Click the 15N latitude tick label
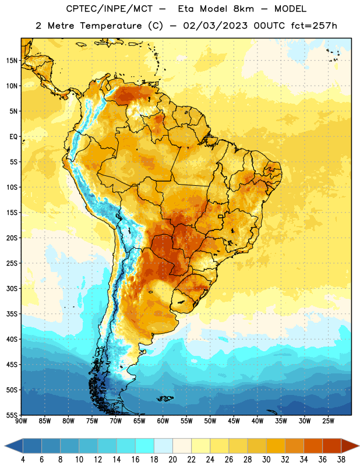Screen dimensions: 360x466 pos(12,61)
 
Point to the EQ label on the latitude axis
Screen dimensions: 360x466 pos(13,137)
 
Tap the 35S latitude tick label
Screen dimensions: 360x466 pos(12,314)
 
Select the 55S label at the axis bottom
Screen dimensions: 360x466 pos(12,415)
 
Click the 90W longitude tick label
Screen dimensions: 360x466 pos(21,421)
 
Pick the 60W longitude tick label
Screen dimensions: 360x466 pos(163,421)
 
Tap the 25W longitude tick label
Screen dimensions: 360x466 pos(328,421)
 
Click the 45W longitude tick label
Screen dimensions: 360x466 pos(234,421)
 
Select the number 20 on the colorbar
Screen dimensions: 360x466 pos(172,460)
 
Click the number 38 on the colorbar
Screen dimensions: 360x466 pos(341,460)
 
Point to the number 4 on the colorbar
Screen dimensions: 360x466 pos(23,460)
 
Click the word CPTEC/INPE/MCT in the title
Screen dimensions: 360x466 pos(109,9)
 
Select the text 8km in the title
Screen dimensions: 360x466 pos(243,9)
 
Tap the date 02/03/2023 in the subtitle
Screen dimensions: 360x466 pos(215,26)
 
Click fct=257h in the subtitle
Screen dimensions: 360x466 pos(314,26)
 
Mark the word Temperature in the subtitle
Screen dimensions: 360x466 pos(111,26)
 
